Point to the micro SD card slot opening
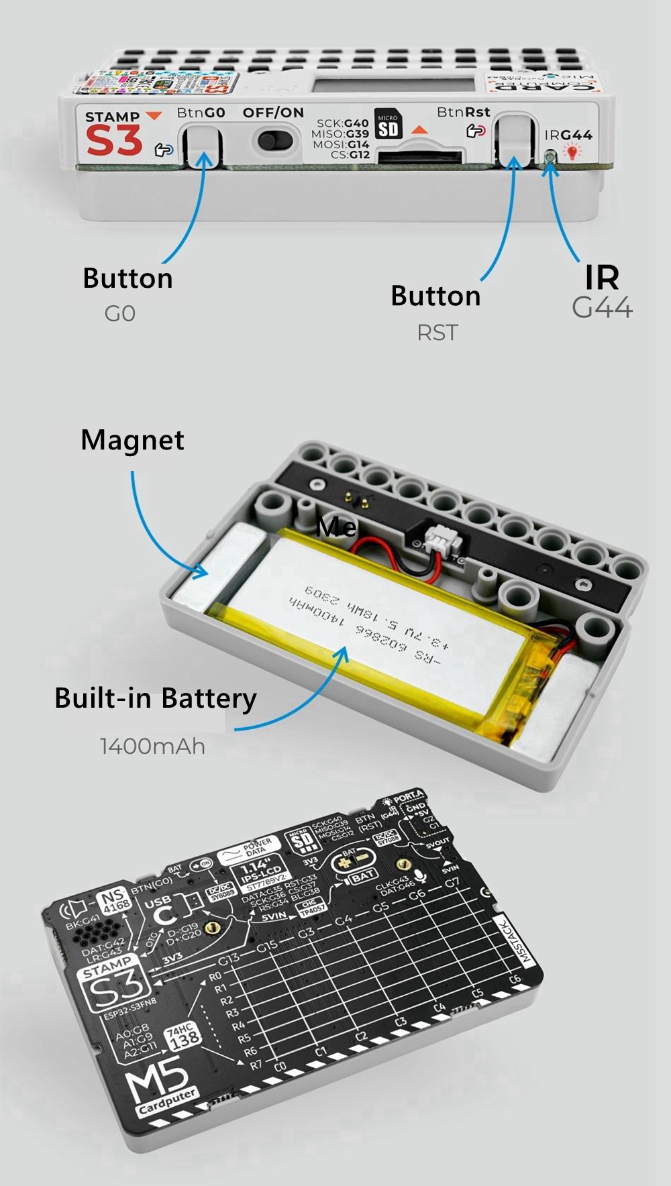419,158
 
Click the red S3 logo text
114,141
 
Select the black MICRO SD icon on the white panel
388,125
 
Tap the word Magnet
132,440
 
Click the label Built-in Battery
155,698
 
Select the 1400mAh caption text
152,746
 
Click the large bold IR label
602,277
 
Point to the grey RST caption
437,333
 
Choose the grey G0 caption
120,313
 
